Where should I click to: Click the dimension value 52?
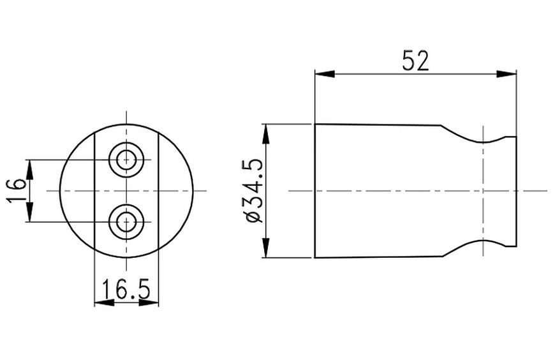[415, 61]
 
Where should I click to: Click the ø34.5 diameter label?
[255, 191]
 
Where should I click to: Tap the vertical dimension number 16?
[17, 190]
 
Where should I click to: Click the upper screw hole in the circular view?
[126, 160]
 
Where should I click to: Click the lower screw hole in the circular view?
[126, 222]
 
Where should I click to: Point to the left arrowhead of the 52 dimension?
[325, 74]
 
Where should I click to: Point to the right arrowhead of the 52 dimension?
[507, 74]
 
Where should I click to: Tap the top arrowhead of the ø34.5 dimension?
[266, 134]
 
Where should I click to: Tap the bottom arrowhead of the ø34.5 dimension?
[266, 248]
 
